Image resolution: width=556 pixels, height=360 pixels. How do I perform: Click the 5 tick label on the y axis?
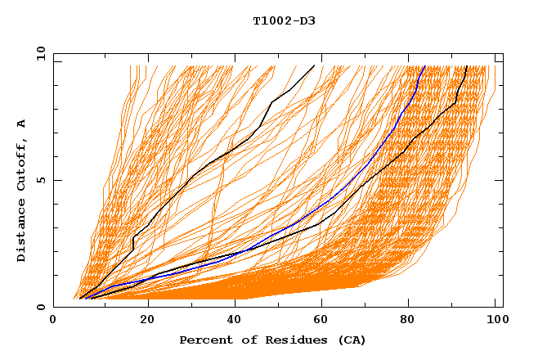click(40, 180)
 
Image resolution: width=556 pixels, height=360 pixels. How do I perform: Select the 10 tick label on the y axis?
click(38, 53)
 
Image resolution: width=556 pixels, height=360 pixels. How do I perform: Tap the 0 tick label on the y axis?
click(40, 307)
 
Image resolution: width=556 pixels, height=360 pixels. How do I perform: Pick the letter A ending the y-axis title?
click(22, 123)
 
